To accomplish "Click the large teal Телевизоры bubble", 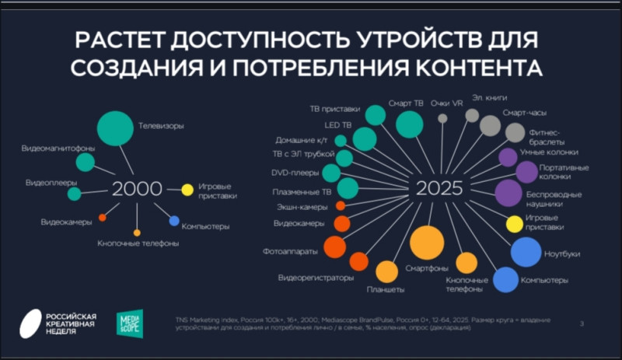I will pyautogui.click(x=115, y=129).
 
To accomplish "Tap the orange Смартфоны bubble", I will pyautogui.click(x=426, y=243).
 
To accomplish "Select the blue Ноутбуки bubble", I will pyautogui.click(x=526, y=252).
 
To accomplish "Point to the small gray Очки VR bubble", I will pyautogui.click(x=442, y=118).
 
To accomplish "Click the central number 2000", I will pyautogui.click(x=137, y=189).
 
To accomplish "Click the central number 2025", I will pyautogui.click(x=439, y=189).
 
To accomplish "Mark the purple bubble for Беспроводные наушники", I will pyautogui.click(x=508, y=192).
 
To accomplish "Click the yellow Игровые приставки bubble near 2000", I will pyautogui.click(x=187, y=189).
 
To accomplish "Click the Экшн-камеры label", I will pyautogui.click(x=302, y=207).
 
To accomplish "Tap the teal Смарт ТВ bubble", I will pyautogui.click(x=409, y=124).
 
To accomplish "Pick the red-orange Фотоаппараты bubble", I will pyautogui.click(x=334, y=246).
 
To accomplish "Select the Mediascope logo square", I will pyautogui.click(x=130, y=322).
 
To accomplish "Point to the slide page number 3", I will pyautogui.click(x=582, y=323).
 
